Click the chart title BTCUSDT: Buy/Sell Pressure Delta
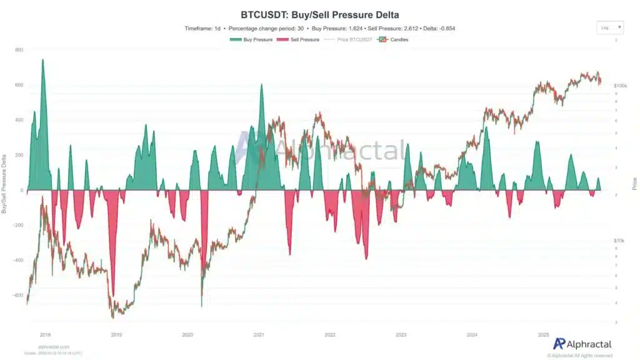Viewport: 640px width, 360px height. point(319,14)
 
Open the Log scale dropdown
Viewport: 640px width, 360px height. point(610,27)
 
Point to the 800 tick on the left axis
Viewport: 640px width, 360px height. point(19,50)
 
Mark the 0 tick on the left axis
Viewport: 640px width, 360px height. point(21,190)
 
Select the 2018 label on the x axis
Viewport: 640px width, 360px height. point(45,335)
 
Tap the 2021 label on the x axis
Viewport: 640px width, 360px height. point(258,335)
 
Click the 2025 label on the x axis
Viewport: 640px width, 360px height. point(543,335)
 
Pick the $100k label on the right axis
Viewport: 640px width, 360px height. point(620,85)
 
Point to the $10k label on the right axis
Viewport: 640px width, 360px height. point(619,241)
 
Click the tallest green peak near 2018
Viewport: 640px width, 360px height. point(42,61)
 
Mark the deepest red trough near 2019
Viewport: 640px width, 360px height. point(113,294)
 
